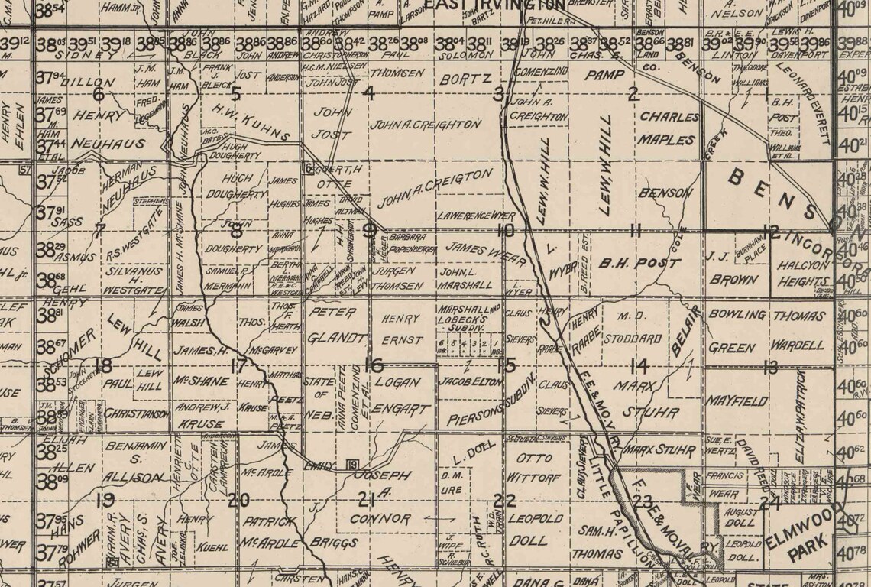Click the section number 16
point(373,365)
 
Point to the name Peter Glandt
point(332,326)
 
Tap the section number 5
point(235,94)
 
